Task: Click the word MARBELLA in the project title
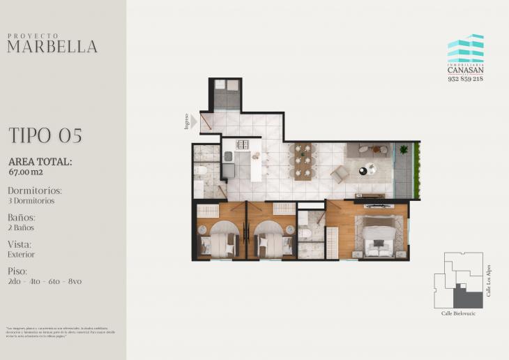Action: [52, 47]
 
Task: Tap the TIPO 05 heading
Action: [45, 135]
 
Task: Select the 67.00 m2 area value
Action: [26, 171]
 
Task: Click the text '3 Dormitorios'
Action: [31, 201]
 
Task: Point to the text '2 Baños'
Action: [21, 227]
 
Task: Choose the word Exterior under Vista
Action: [22, 255]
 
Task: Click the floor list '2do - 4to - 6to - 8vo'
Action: [45, 281]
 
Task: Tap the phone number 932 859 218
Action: [465, 79]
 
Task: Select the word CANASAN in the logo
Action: [465, 70]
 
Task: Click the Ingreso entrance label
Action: [187, 121]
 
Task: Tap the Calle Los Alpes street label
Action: [489, 280]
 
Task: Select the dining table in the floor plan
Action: [303, 162]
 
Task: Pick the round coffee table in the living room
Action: [370, 168]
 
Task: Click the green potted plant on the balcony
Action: [403, 149]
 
